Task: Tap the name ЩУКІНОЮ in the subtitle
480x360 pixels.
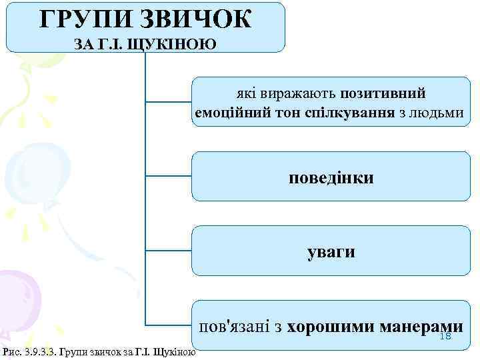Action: [x=177, y=45]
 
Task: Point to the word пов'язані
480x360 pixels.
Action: [x=235, y=327]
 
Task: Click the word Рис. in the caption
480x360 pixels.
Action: [x=11, y=351]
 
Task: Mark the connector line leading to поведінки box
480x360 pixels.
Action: [x=168, y=177]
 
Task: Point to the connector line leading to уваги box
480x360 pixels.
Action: [x=168, y=251]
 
